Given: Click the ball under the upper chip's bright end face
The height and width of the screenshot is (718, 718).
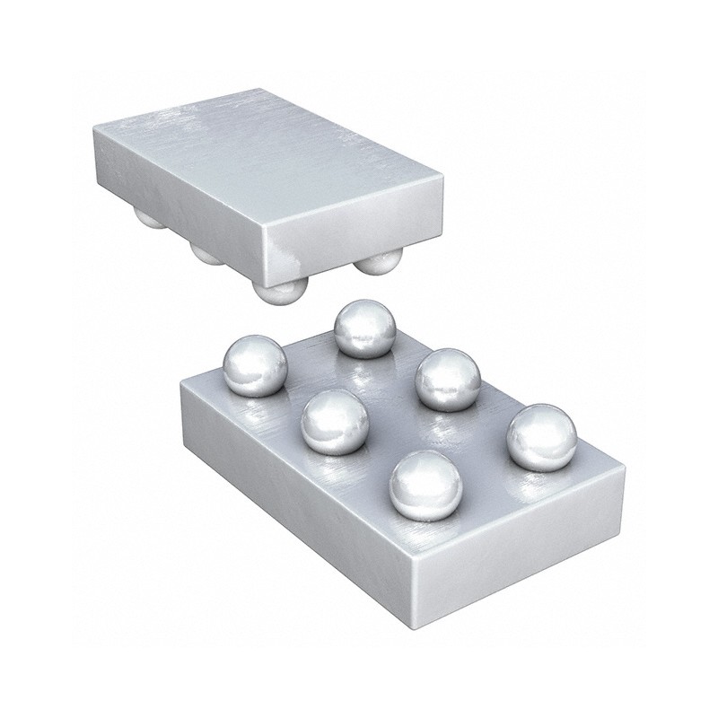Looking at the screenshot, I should [376, 263].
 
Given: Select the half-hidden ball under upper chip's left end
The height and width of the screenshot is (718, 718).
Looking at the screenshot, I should [149, 219].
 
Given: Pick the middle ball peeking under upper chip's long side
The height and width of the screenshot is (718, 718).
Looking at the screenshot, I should [208, 254].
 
